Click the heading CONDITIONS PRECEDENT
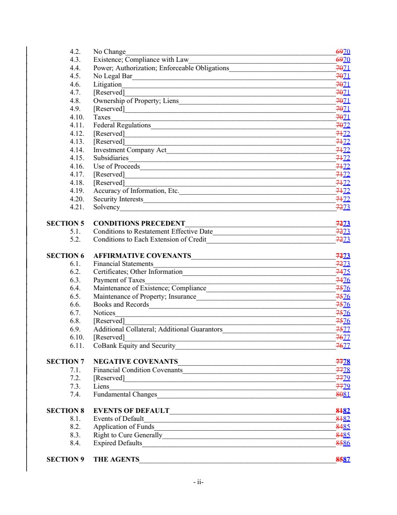[139, 223]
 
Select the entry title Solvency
[106, 207]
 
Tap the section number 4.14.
[77, 150]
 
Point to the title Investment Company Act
[130, 150]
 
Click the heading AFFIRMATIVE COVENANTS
[142, 256]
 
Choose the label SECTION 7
[65, 361]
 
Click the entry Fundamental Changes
[125, 394]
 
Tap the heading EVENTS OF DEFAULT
[131, 411]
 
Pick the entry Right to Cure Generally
[128, 435]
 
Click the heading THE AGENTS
[116, 459]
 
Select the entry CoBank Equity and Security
[134, 346]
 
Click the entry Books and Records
[121, 304]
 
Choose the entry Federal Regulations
[122, 125]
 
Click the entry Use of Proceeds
[116, 166]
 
